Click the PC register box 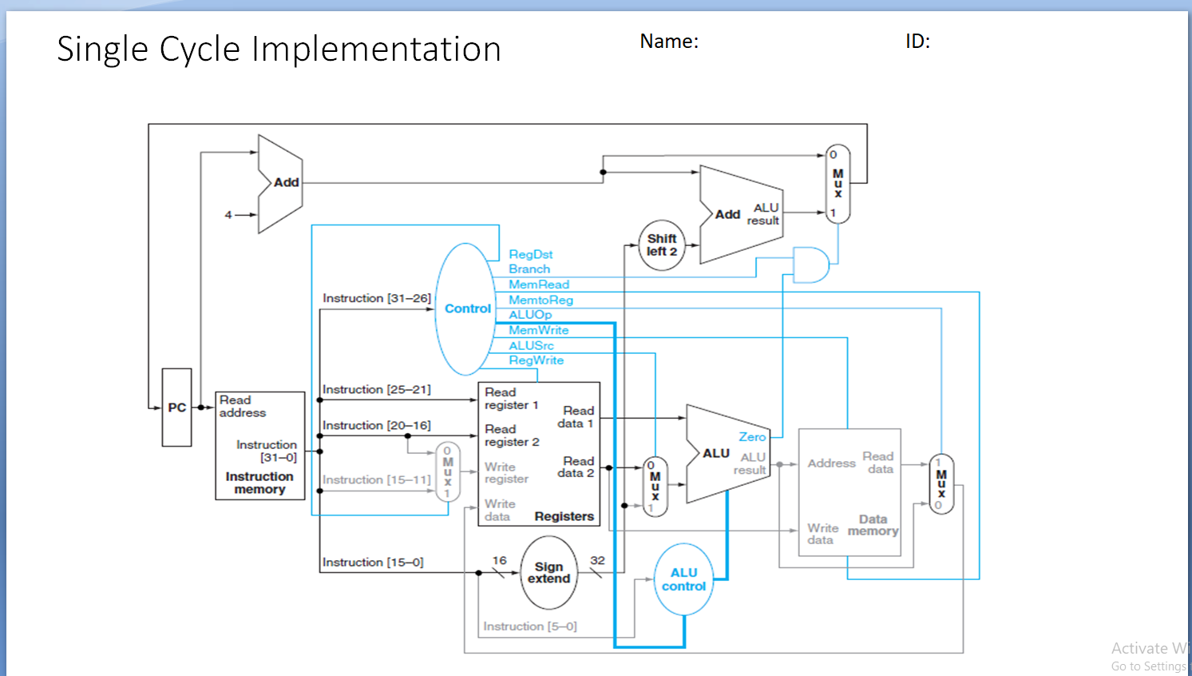176,408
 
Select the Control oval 466,308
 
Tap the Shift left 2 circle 662,245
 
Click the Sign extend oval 548,573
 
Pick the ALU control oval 683,580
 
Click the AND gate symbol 810,264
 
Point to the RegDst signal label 531,254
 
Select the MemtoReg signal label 541,300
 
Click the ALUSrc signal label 531,345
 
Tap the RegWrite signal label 536,360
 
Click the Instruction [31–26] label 376,298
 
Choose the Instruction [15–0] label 373,563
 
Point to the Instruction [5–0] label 529,626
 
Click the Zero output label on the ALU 752,437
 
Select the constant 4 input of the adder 228,215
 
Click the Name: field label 669,42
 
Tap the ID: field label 917,42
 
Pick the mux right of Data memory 941,484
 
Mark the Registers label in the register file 564,516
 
